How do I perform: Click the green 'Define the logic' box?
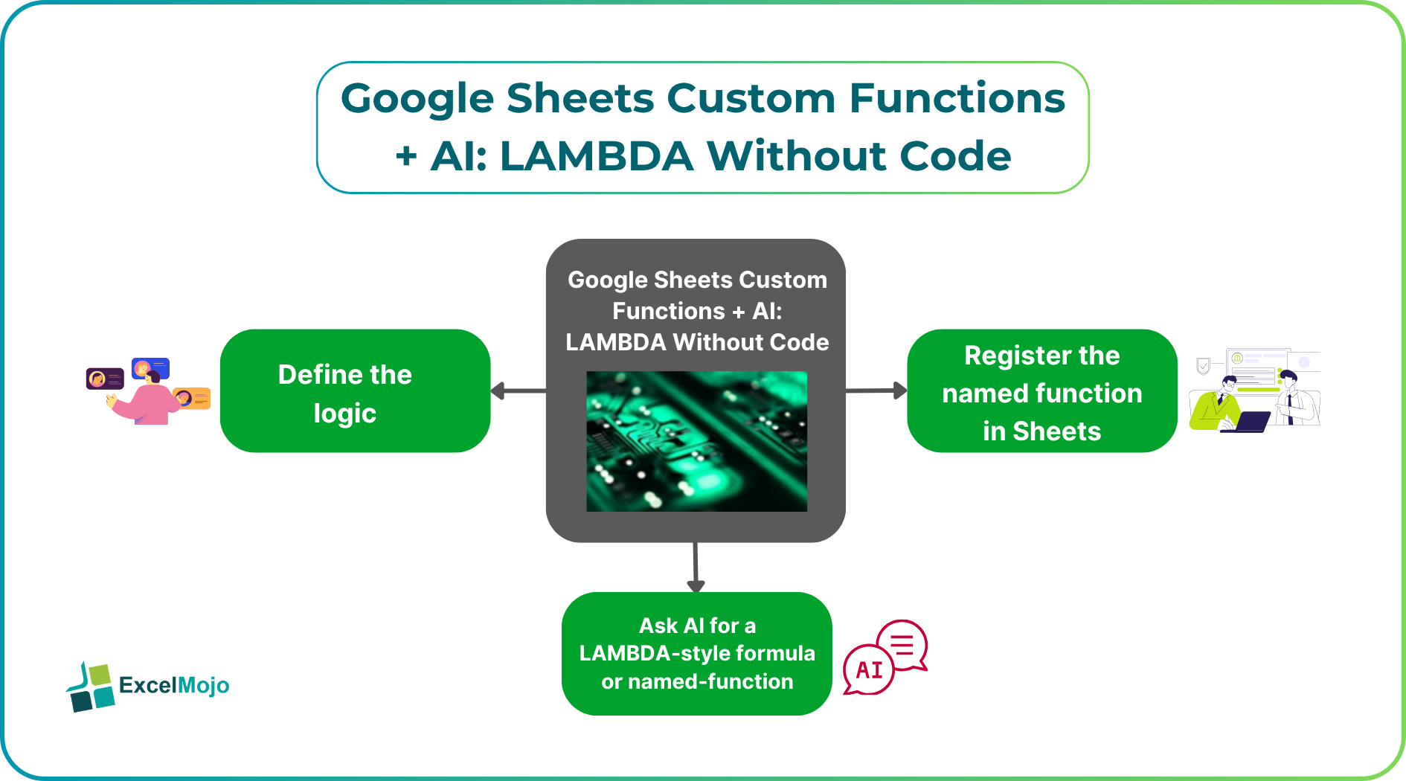click(x=355, y=390)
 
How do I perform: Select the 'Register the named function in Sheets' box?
click(x=1041, y=390)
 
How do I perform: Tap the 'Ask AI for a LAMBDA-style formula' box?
click(x=696, y=653)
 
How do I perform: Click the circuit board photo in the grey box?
click(x=696, y=441)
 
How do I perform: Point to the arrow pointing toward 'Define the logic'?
click(x=519, y=390)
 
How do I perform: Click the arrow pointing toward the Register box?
click(x=876, y=390)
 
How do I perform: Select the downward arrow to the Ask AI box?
click(x=696, y=567)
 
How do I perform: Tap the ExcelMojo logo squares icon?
click(x=91, y=687)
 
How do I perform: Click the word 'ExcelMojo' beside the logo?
click(x=174, y=685)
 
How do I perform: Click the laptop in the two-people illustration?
click(x=1245, y=422)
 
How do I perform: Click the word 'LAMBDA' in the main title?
click(x=597, y=156)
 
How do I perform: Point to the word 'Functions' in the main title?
click(x=957, y=98)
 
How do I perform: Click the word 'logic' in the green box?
click(x=345, y=414)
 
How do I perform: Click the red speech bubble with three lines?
click(x=903, y=644)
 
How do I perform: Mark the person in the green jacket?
click(x=1217, y=406)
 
